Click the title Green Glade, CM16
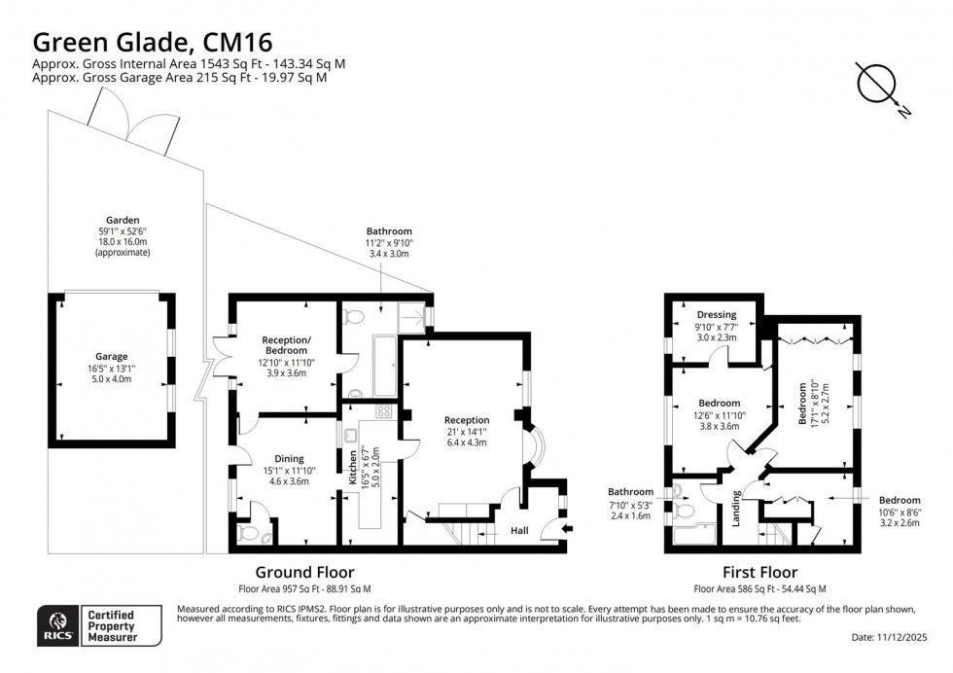pyautogui.click(x=153, y=42)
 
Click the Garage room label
pyautogui.click(x=111, y=356)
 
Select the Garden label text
pyautogui.click(x=124, y=220)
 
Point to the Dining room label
pyautogui.click(x=289, y=458)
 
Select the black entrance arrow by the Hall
pyautogui.click(x=568, y=529)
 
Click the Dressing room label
pyautogui.click(x=717, y=314)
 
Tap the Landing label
pyautogui.click(x=736, y=513)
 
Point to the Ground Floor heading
pyautogui.click(x=304, y=573)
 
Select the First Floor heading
pyautogui.click(x=759, y=573)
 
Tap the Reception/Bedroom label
pyautogui.click(x=285, y=346)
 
